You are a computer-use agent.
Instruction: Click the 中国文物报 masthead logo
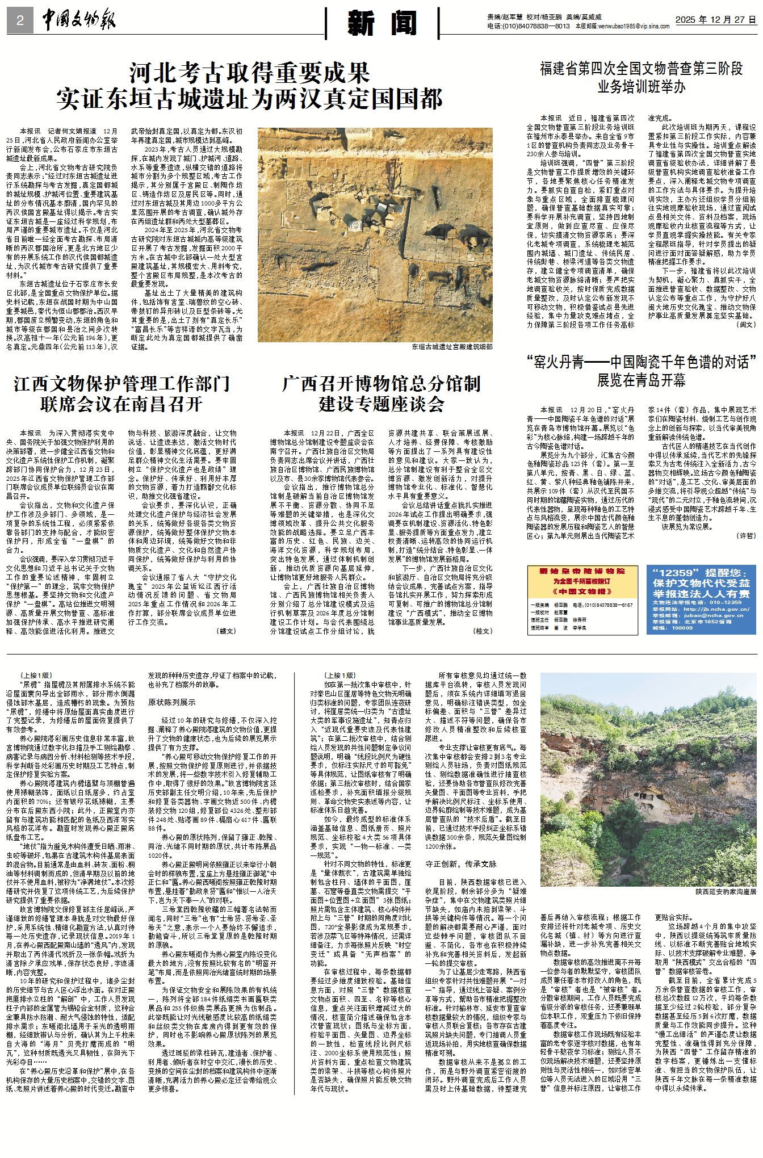(78, 21)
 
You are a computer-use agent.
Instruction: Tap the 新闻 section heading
(382, 23)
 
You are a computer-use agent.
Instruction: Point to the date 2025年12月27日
(715, 20)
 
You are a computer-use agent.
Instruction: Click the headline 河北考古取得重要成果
(250, 73)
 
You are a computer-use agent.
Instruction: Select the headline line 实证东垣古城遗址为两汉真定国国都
(250, 99)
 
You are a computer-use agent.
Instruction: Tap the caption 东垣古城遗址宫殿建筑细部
(452, 347)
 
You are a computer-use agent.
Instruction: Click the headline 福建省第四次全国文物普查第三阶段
(641, 69)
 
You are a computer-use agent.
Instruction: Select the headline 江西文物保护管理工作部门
(121, 384)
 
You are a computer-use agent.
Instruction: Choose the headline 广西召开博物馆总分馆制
(381, 384)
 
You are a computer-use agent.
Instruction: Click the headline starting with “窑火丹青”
(641, 362)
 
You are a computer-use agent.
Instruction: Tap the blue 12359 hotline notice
(701, 599)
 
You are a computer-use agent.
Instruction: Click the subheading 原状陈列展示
(171, 702)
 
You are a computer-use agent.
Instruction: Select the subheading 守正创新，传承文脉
(460, 864)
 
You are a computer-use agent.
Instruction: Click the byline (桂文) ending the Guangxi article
(483, 631)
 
